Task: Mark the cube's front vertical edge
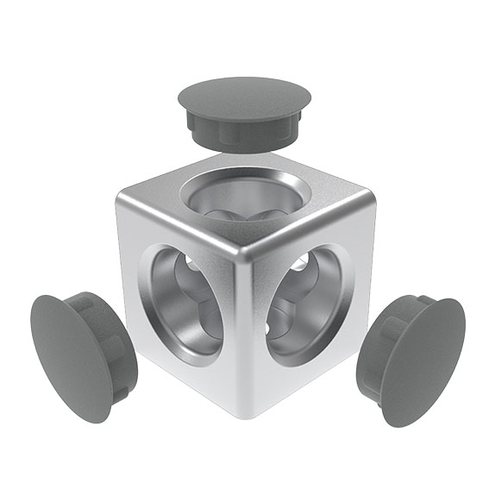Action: (x=244, y=336)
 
